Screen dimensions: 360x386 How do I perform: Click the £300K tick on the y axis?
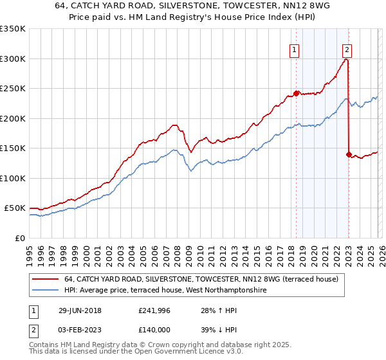[13, 59]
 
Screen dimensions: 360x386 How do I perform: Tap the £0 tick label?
[20, 239]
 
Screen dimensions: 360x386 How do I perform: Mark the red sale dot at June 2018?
[297, 93]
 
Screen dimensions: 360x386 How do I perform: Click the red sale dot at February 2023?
[349, 154]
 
